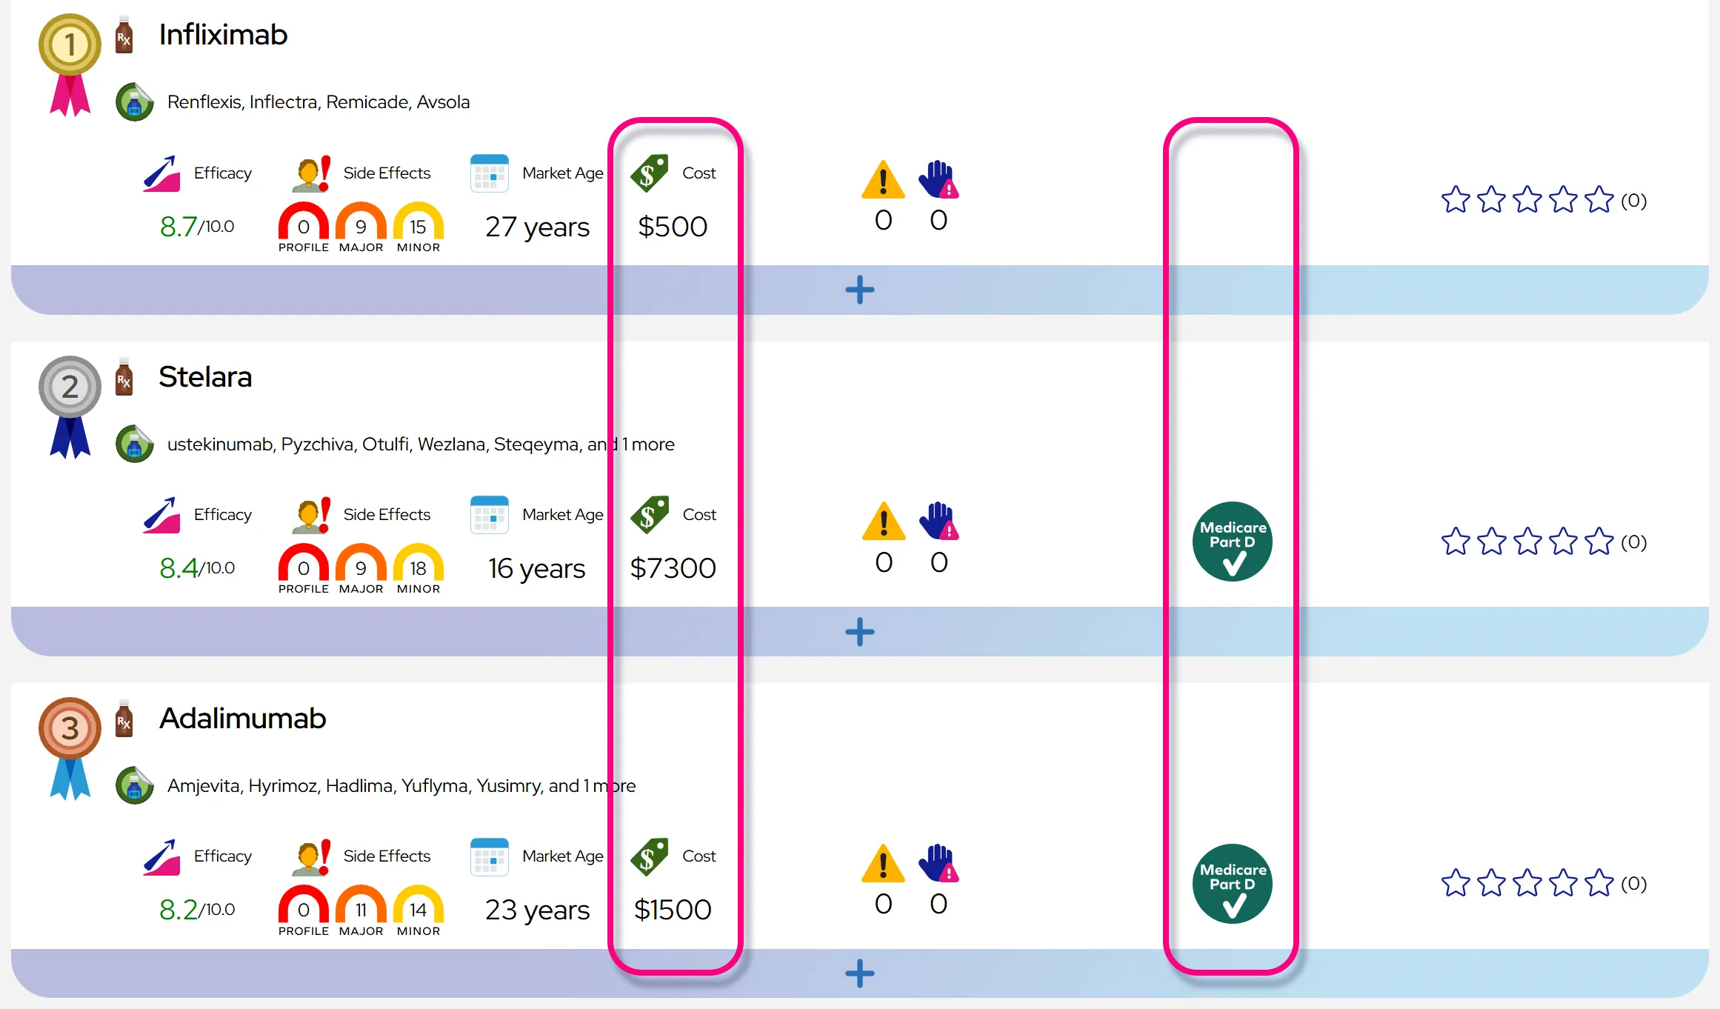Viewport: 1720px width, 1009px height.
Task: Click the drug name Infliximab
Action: [x=223, y=35]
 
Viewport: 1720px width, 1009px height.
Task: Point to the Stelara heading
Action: [x=205, y=376]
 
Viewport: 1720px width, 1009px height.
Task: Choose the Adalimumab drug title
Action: [x=242, y=718]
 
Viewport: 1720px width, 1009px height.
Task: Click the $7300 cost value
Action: [x=673, y=568]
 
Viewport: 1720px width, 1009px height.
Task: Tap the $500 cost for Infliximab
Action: [x=673, y=227]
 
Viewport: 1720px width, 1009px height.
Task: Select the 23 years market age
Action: [x=537, y=910]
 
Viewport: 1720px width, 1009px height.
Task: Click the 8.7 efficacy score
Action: [x=178, y=227]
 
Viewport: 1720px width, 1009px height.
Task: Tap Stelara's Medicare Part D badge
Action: [x=1233, y=542]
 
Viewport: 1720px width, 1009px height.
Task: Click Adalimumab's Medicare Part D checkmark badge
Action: [x=1233, y=884]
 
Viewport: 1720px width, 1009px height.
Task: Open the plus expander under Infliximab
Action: [x=860, y=290]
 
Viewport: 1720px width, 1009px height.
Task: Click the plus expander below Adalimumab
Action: [x=860, y=973]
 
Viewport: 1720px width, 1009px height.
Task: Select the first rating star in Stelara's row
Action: [x=1456, y=542]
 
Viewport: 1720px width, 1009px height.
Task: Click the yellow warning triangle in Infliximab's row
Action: [x=883, y=179]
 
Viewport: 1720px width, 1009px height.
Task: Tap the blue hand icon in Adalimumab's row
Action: [x=939, y=863]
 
